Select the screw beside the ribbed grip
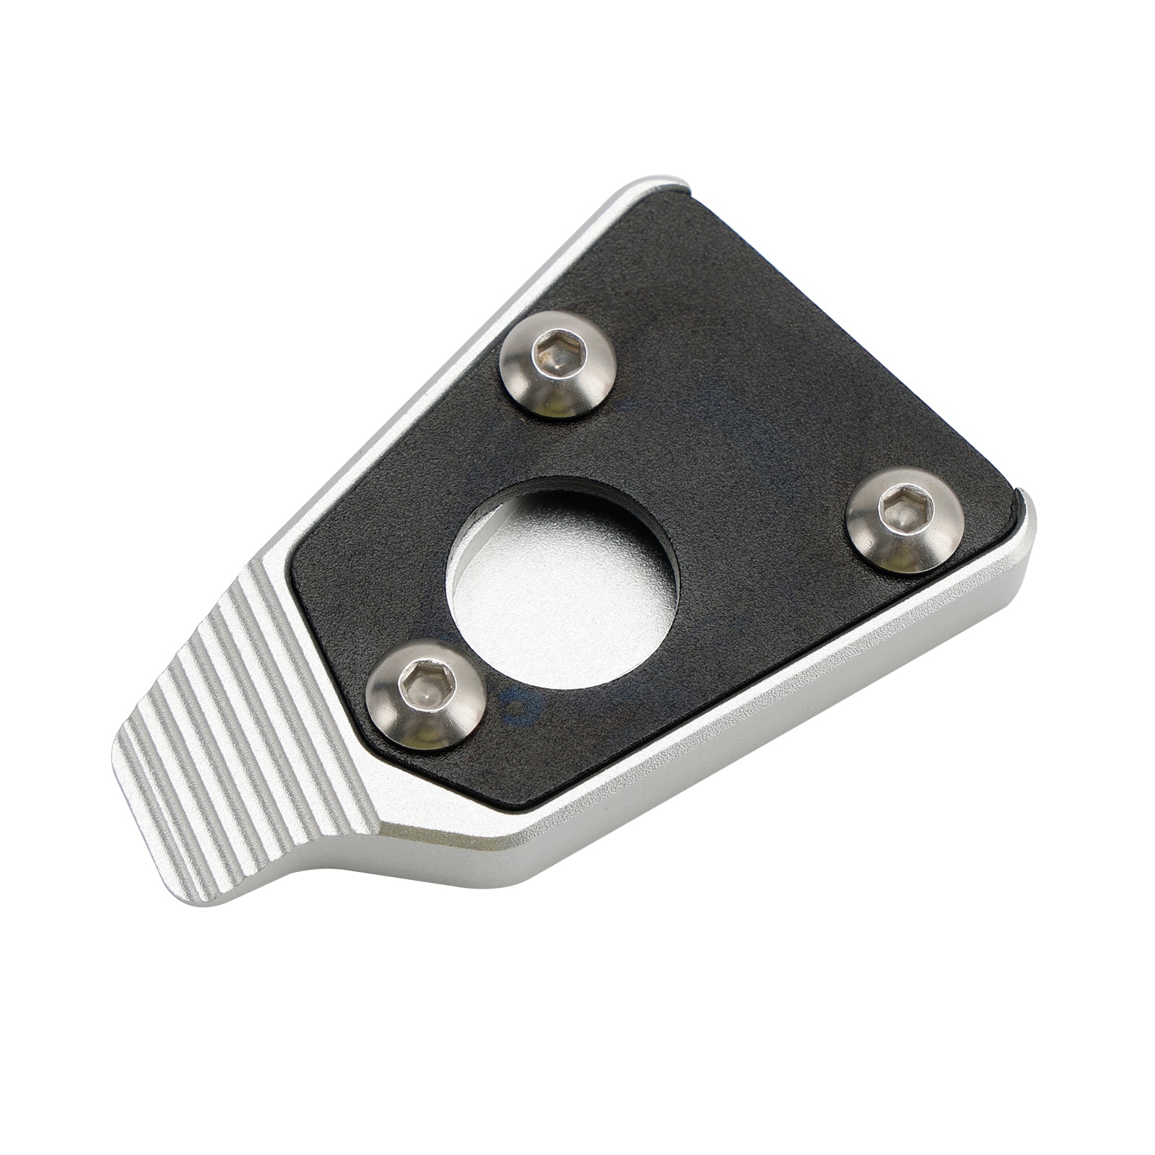[x=424, y=692]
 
